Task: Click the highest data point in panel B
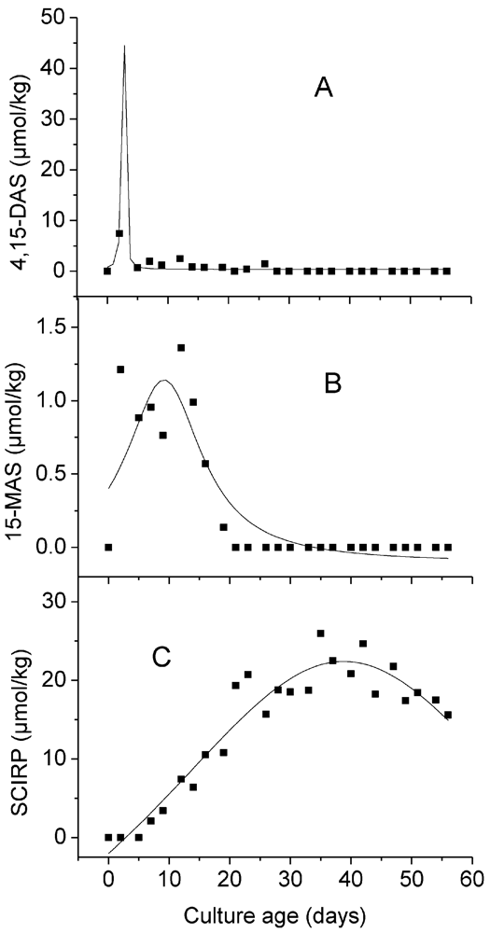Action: tap(181, 348)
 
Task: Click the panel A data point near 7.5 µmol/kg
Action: tap(119, 233)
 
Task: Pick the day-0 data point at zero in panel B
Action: tap(108, 547)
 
